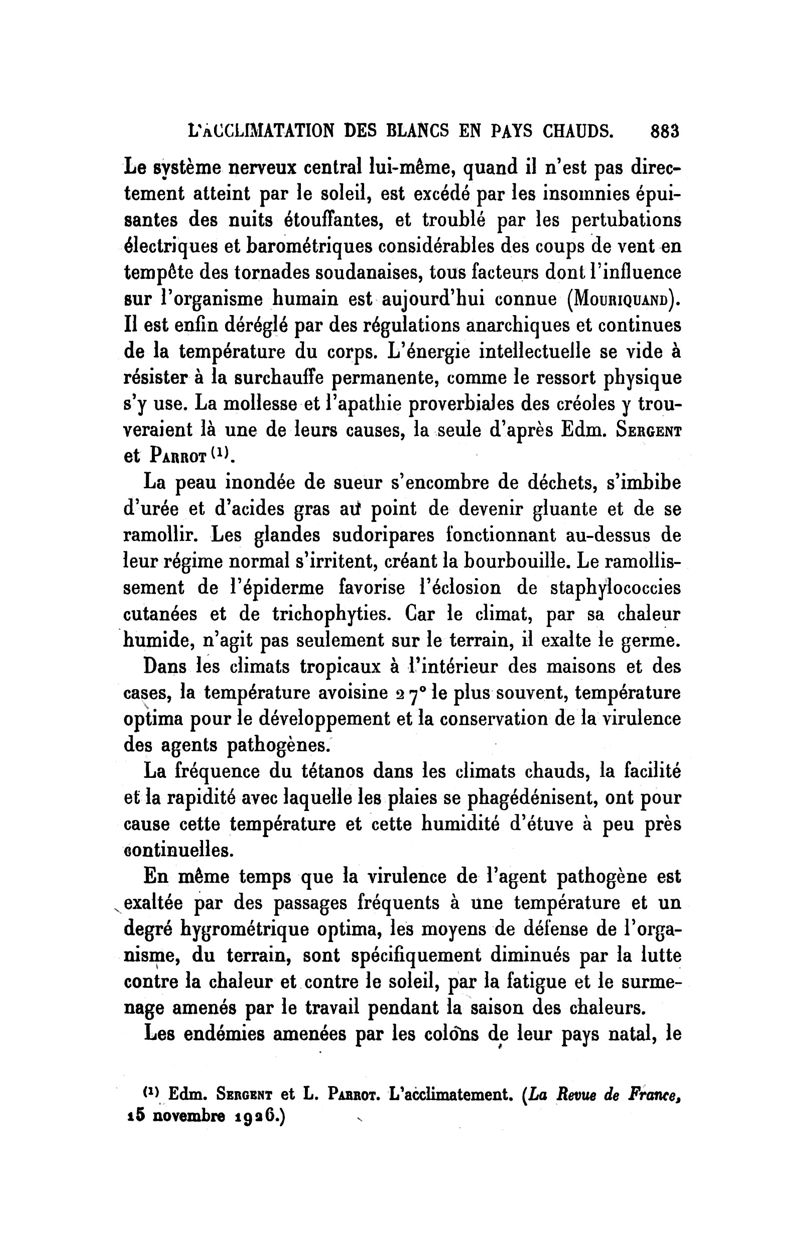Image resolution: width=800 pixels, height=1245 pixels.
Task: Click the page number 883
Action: pos(664,129)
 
